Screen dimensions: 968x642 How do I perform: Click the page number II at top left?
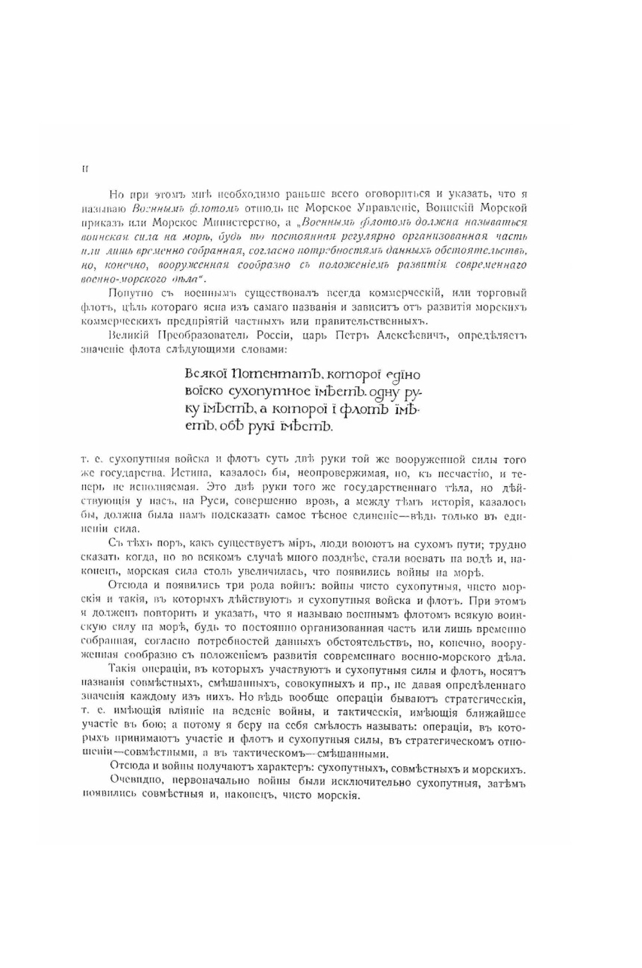click(85, 170)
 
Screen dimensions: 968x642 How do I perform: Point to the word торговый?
click(503, 293)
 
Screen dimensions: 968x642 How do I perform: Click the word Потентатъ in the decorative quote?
click(265, 374)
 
